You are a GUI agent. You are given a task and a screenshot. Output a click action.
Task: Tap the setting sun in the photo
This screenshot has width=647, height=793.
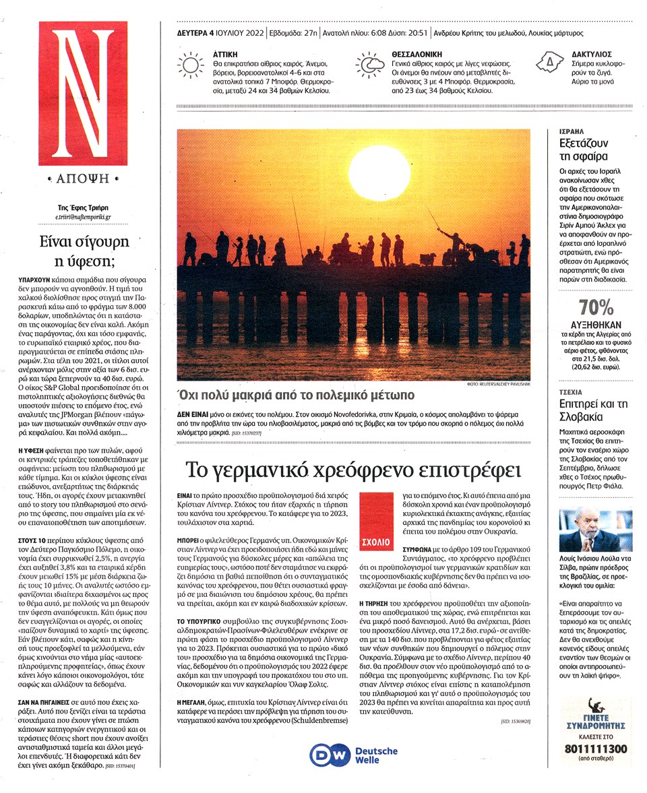pos(379,171)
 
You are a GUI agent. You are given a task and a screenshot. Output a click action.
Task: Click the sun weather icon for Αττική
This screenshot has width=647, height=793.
pos(191,65)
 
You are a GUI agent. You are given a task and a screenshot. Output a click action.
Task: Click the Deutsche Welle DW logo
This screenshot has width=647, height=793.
pos(329,755)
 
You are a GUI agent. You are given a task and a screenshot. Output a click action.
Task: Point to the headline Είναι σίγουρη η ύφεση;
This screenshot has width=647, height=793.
pos(82,251)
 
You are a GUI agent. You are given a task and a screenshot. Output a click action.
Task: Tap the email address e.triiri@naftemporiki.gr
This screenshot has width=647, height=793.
pos(83,218)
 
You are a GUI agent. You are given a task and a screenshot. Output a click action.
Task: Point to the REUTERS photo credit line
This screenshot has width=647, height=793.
pos(498,383)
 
